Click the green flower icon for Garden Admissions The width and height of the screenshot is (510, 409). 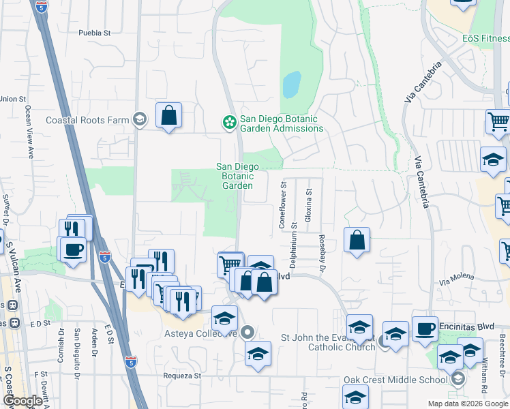229,122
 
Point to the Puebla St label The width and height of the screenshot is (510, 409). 94,33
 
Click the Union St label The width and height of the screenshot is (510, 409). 13,99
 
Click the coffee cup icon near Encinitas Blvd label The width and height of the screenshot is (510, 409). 425,329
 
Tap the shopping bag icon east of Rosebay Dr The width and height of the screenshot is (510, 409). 357,240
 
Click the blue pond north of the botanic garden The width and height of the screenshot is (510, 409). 291,85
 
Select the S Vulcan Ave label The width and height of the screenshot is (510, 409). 10,255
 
